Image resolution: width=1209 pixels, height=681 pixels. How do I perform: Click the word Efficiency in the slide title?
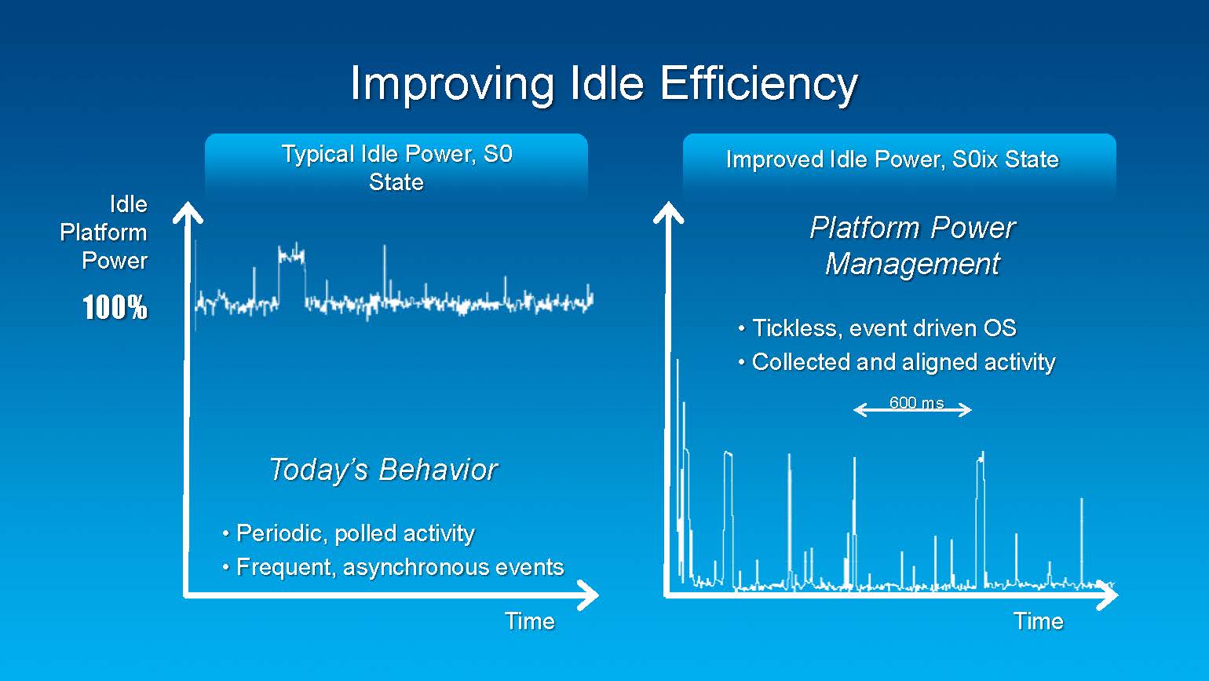click(x=758, y=84)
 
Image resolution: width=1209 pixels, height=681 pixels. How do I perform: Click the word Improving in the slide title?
click(x=452, y=86)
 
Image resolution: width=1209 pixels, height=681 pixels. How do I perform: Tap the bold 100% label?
click(x=115, y=307)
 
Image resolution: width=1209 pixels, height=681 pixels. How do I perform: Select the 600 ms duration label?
click(x=916, y=402)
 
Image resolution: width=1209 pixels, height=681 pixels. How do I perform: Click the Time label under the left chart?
click(x=529, y=621)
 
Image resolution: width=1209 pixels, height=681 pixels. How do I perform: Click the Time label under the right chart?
click(x=1039, y=621)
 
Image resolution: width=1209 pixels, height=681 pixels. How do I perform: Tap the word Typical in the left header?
click(x=319, y=155)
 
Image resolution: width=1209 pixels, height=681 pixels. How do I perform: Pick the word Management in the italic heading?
click(x=913, y=265)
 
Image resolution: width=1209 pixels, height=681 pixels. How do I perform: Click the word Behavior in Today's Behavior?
click(x=438, y=469)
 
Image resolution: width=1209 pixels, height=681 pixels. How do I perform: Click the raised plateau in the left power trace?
click(x=291, y=255)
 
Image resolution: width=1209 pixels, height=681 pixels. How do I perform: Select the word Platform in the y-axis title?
click(x=103, y=233)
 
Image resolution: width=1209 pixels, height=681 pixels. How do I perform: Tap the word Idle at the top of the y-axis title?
click(x=129, y=205)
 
